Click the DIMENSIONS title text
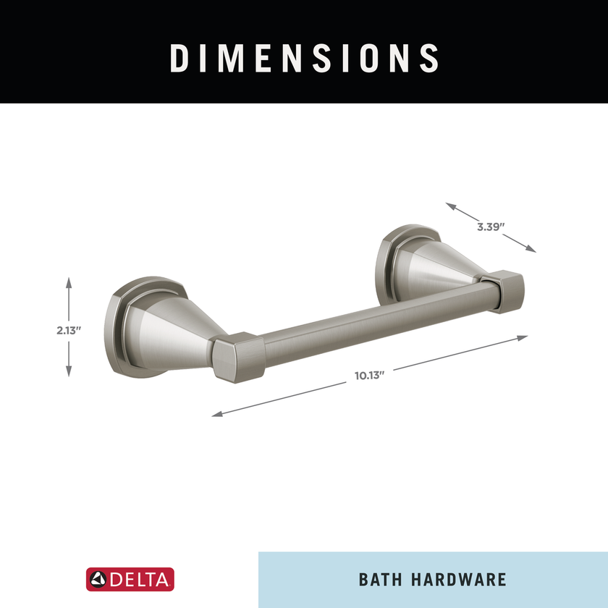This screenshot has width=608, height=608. click(x=304, y=58)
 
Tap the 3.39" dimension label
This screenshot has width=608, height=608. click(x=491, y=227)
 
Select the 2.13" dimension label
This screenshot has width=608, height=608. click(x=69, y=330)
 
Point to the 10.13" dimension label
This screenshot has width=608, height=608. click(x=368, y=375)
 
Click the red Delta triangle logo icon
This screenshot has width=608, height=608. click(x=98, y=579)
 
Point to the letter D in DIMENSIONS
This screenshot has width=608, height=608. click(x=179, y=58)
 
